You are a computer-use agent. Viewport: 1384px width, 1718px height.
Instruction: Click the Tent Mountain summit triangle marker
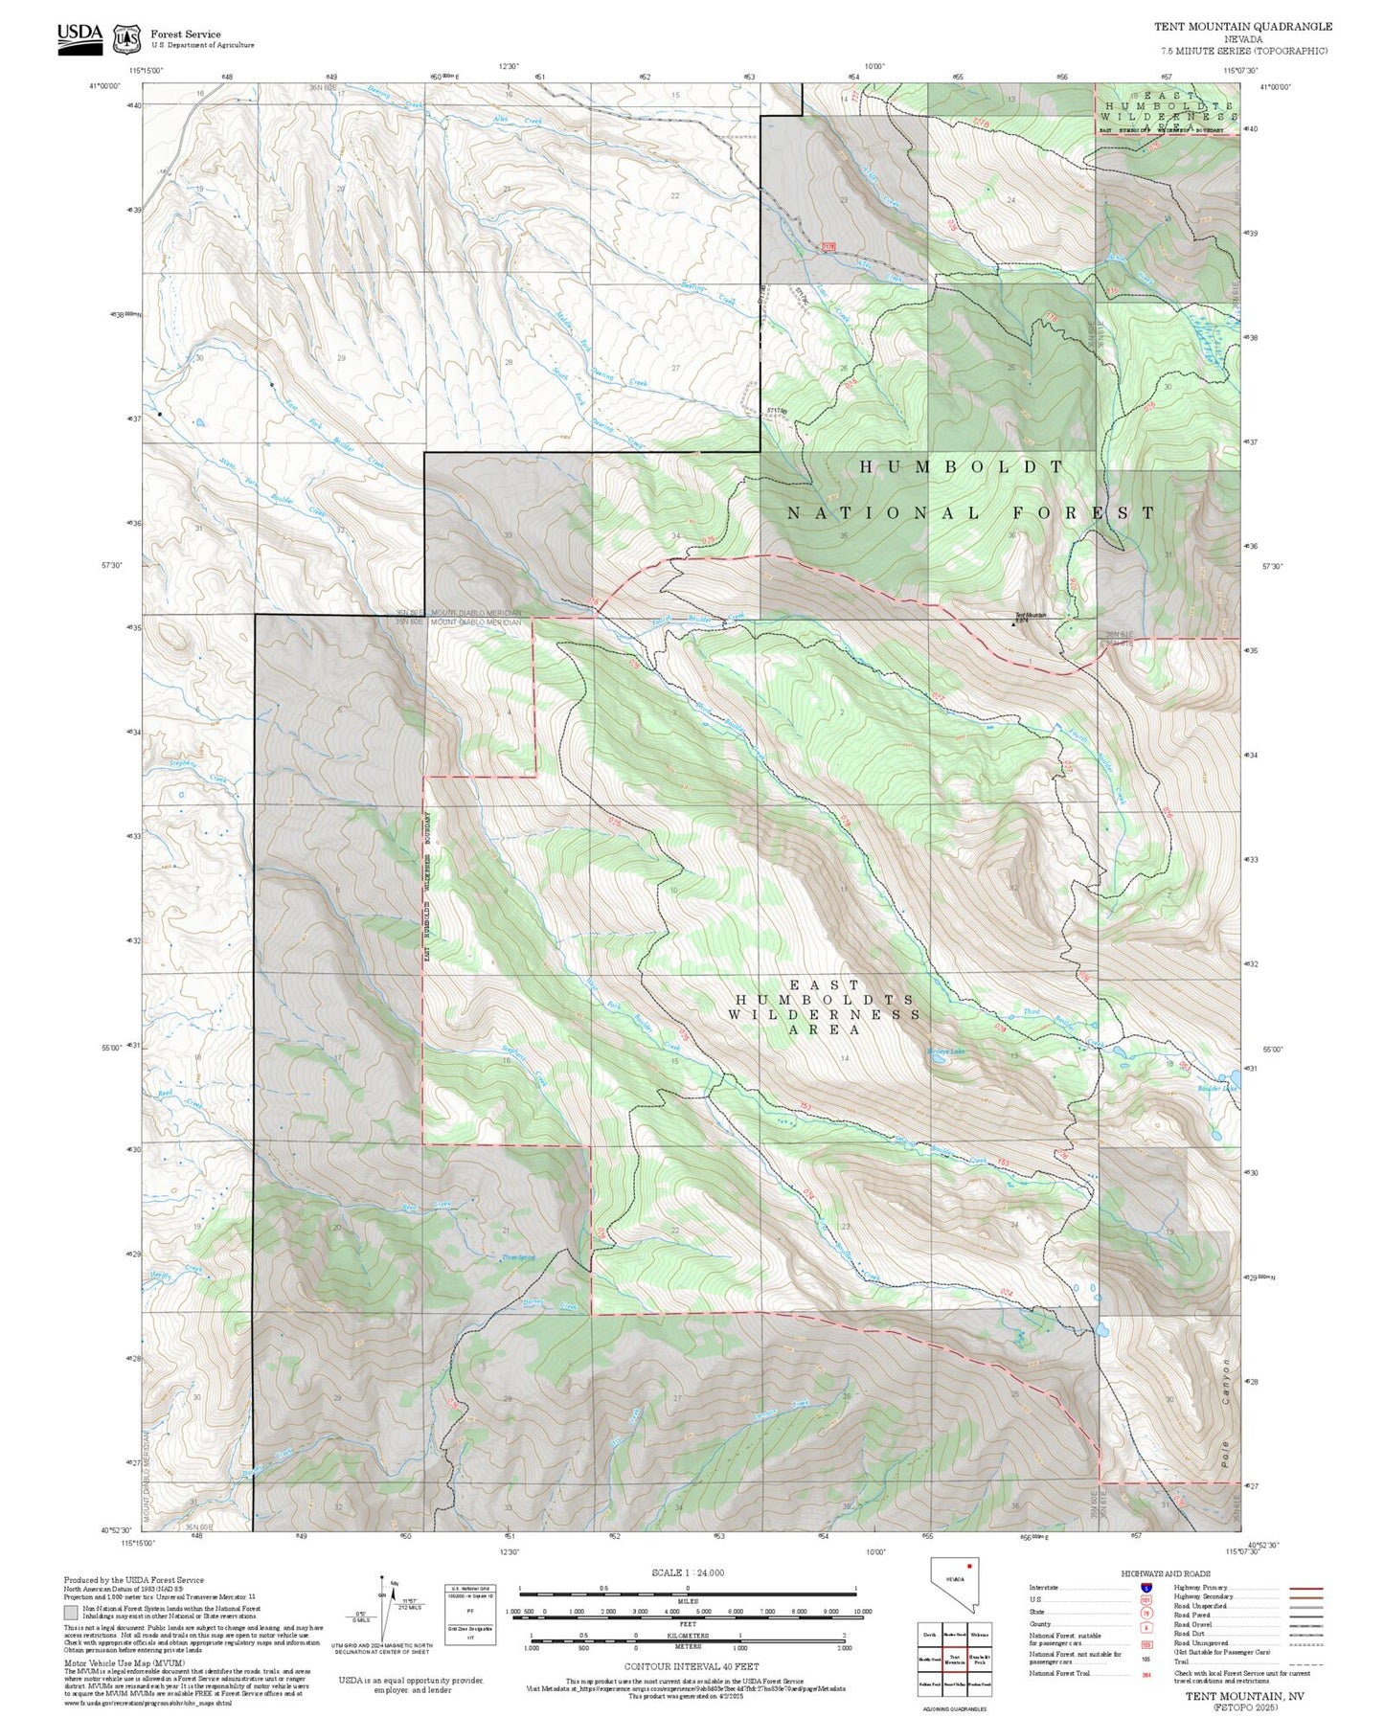1014,623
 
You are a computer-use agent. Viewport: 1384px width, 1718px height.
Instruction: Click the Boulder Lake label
1216,1088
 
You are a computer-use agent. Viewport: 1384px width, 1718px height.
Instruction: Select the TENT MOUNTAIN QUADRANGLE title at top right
1242,27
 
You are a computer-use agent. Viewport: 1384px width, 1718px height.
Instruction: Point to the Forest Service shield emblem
126,39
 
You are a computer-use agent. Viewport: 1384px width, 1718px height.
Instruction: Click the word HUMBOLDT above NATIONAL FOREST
962,467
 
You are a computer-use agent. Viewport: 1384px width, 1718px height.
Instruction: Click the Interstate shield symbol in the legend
1146,1588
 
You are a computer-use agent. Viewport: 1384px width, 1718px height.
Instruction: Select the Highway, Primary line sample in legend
1305,1588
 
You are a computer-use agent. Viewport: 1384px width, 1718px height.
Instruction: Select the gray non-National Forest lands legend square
71,1613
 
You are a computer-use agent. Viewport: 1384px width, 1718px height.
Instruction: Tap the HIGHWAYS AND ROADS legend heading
1166,1573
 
